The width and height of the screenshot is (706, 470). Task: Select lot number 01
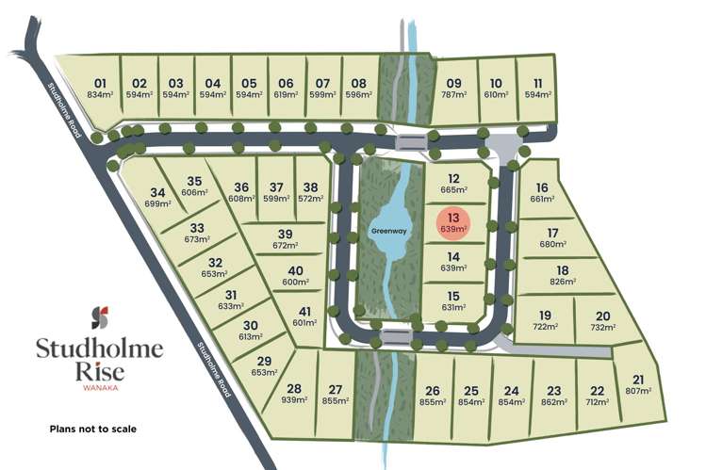pyautogui.click(x=101, y=83)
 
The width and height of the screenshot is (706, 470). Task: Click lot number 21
pyautogui.click(x=641, y=379)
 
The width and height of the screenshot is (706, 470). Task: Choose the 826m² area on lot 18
pyautogui.click(x=563, y=282)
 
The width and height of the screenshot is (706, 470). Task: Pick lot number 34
pyautogui.click(x=156, y=192)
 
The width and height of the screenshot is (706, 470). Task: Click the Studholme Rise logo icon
pyautogui.click(x=99, y=316)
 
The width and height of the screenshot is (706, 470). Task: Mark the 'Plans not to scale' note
pyautogui.click(x=93, y=429)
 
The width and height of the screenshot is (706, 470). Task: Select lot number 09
pyautogui.click(x=453, y=83)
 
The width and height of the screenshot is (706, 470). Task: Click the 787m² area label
pyautogui.click(x=453, y=94)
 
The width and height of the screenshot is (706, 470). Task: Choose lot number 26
pyautogui.click(x=433, y=390)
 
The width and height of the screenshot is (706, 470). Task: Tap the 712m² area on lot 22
pyautogui.click(x=597, y=401)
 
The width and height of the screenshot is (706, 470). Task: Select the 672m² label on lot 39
pyautogui.click(x=285, y=245)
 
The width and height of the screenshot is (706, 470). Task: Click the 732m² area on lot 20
pyautogui.click(x=602, y=327)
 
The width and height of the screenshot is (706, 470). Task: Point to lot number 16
pyautogui.click(x=541, y=187)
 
